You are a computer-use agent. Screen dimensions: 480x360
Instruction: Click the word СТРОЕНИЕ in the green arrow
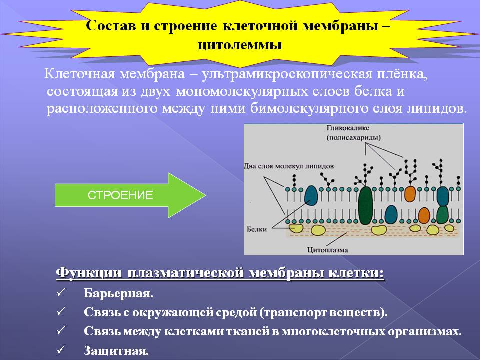point(120,195)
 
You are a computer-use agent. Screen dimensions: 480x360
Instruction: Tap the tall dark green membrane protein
point(365,205)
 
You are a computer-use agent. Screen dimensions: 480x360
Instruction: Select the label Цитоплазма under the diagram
point(328,250)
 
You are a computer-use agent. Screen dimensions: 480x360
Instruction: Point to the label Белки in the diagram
point(257,229)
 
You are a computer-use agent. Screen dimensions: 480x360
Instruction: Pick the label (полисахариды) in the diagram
point(354,138)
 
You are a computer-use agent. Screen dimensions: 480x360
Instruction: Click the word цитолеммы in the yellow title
point(239,45)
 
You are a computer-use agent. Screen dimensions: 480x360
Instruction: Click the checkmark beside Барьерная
point(60,293)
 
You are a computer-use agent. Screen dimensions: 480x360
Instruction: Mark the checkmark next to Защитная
point(60,349)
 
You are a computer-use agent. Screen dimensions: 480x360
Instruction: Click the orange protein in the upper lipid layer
point(410,194)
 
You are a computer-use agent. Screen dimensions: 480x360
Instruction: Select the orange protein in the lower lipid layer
point(424,215)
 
